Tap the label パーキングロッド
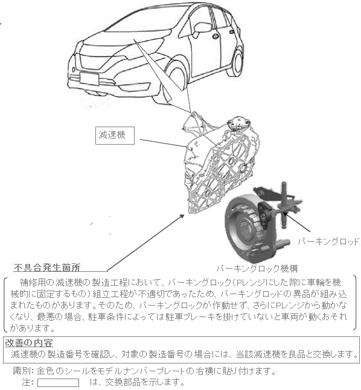click(x=328, y=242)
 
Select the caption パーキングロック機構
click(x=257, y=267)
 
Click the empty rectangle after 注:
click(x=58, y=383)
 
